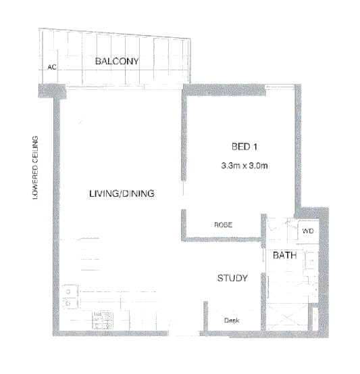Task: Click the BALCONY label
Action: click(117, 62)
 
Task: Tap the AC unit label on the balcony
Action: click(51, 68)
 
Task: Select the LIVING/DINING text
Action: click(122, 193)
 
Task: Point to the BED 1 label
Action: click(245, 147)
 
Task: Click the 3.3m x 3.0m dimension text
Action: click(245, 165)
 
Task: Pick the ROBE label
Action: click(224, 225)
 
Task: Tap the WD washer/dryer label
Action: click(308, 231)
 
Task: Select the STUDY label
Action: click(232, 278)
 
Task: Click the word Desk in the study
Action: click(232, 321)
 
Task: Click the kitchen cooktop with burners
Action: click(101, 321)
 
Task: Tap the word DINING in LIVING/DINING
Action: click(140, 193)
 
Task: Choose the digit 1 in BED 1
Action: click(257, 147)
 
